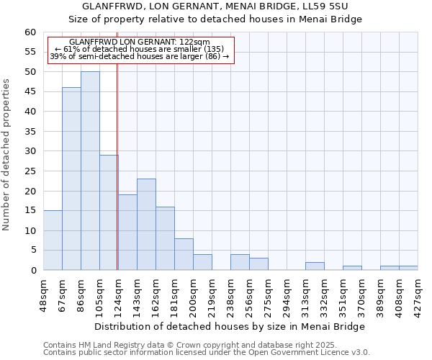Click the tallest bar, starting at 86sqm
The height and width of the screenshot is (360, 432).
tap(90, 171)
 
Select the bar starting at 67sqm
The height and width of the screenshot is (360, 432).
tap(71, 179)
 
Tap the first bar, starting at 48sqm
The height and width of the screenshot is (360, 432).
tap(53, 240)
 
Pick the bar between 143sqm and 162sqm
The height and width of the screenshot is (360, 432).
tap(146, 224)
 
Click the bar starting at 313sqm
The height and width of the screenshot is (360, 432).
tap(315, 266)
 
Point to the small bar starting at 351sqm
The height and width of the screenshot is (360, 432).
tap(352, 268)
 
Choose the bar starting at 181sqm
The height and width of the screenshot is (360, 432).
tap(184, 254)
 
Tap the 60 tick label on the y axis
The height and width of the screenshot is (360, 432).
tap(30, 32)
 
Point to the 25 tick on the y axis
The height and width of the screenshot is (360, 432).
tap(30, 171)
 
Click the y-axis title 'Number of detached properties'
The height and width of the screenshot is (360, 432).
tap(7, 155)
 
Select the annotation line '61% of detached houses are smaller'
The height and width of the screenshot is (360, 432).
tap(140, 49)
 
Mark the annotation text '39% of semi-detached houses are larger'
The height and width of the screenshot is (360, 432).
tap(140, 56)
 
